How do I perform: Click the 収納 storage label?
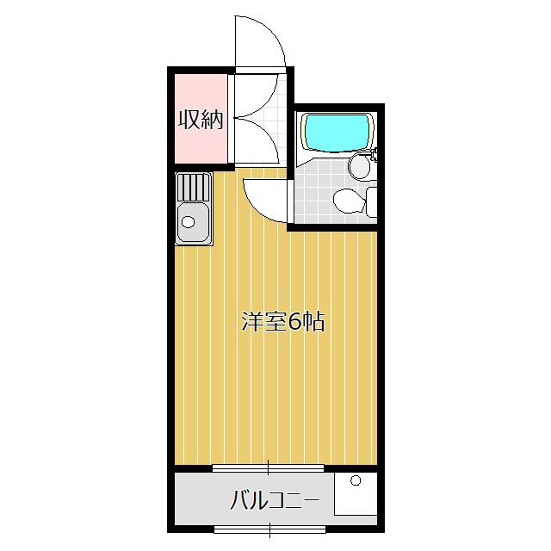(201, 120)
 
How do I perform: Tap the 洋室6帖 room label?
(282, 323)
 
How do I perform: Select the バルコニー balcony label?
(275, 500)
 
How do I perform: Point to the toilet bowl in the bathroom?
(345, 201)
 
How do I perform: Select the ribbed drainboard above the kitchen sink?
(193, 187)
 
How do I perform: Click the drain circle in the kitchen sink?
(189, 221)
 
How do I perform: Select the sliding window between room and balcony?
(268, 468)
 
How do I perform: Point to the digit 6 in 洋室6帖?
(294, 323)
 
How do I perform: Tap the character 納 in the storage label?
(212, 120)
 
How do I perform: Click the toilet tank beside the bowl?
(371, 201)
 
